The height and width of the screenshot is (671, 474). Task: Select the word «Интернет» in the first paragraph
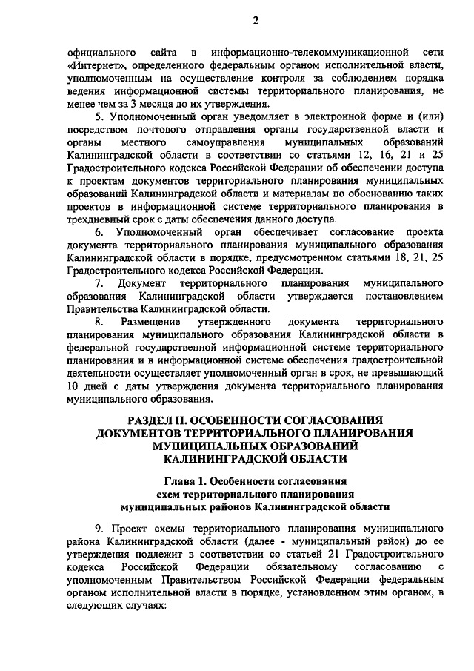coord(94,66)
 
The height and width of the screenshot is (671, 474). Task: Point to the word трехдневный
coord(96,219)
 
